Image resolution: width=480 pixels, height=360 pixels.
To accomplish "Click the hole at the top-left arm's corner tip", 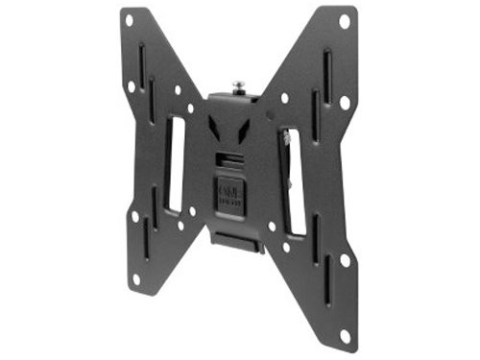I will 128,19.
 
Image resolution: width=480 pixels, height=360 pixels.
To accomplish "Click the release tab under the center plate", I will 234,242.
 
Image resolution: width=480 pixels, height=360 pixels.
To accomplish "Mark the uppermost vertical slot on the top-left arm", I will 141,63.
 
